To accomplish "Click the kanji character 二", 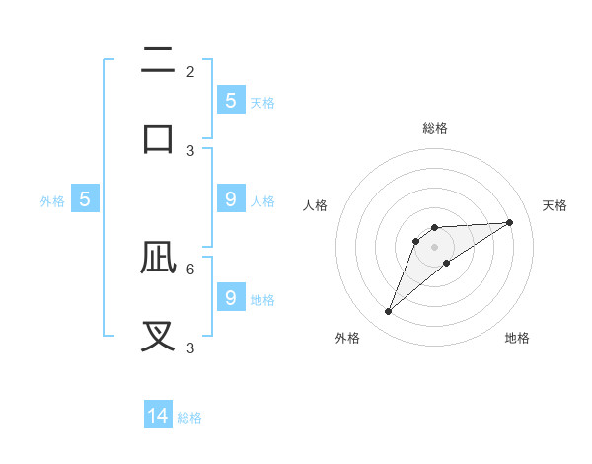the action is pyautogui.click(x=158, y=61).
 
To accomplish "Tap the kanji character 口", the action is pyautogui.click(x=158, y=137).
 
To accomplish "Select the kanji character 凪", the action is pyautogui.click(x=158, y=258).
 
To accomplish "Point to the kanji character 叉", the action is pyautogui.click(x=158, y=335).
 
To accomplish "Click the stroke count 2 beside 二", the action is pyautogui.click(x=190, y=72).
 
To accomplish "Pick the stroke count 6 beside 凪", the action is pyautogui.click(x=190, y=269).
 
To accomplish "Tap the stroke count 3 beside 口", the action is pyautogui.click(x=190, y=150).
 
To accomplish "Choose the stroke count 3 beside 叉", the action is pyautogui.click(x=190, y=348).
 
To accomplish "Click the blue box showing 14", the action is pyautogui.click(x=158, y=416).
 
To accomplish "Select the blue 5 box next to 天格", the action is pyautogui.click(x=231, y=100).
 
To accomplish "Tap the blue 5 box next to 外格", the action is pyautogui.click(x=85, y=199).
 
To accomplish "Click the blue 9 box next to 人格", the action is pyautogui.click(x=231, y=199).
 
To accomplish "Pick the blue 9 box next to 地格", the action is pyautogui.click(x=231, y=297).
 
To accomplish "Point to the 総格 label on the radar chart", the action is pyautogui.click(x=434, y=128).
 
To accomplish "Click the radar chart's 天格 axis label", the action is pyautogui.click(x=555, y=205).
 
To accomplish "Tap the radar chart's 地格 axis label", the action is pyautogui.click(x=517, y=338).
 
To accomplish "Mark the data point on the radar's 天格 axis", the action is pyautogui.click(x=509, y=222).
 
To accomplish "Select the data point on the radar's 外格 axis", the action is pyautogui.click(x=388, y=312).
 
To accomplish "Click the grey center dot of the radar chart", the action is pyautogui.click(x=434, y=247).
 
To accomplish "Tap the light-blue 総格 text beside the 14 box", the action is pyautogui.click(x=189, y=418).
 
